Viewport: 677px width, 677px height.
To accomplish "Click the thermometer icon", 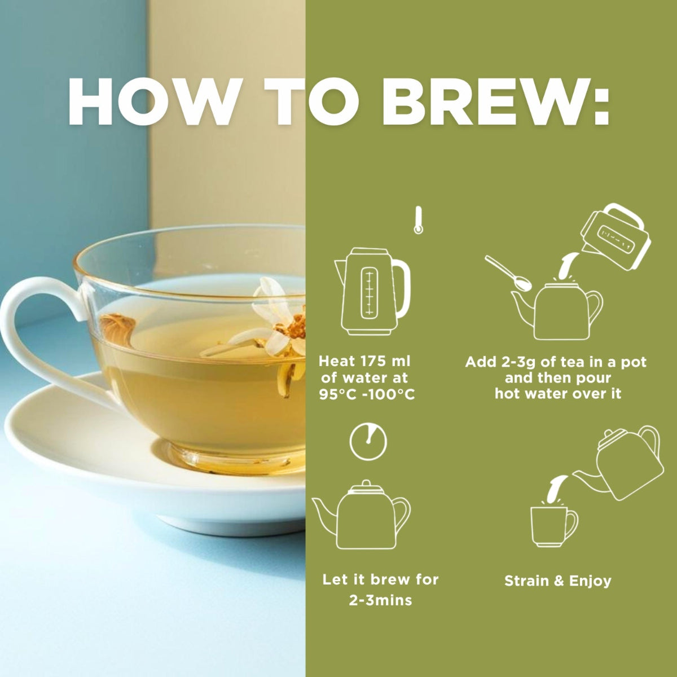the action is coord(417,220).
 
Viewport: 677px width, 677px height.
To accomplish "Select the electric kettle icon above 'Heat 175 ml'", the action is coord(372,291).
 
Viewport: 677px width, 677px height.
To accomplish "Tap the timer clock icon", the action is coord(368,441).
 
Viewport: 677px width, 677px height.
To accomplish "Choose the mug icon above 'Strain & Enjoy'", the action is coord(554,526).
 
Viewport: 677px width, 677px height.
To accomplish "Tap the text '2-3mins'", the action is coord(380,600).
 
